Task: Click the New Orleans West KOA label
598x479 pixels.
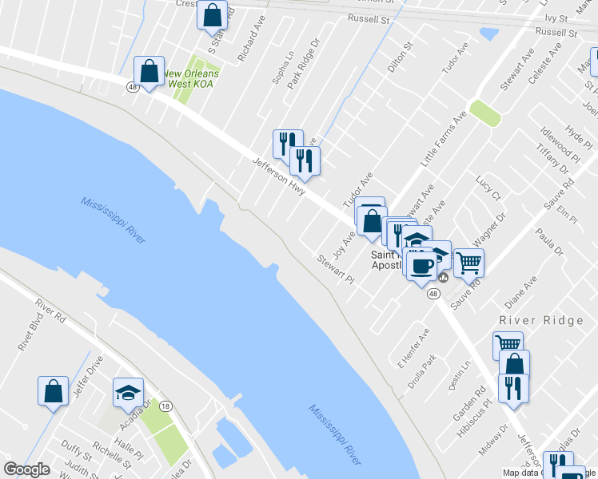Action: pos(191,78)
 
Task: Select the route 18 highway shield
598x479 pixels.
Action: pos(166,406)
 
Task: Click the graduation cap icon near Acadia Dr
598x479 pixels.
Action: pos(128,392)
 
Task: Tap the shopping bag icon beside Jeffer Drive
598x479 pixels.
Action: pos(53,391)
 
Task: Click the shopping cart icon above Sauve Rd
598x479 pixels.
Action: pos(468,261)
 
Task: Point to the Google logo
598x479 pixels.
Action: pos(26,469)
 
